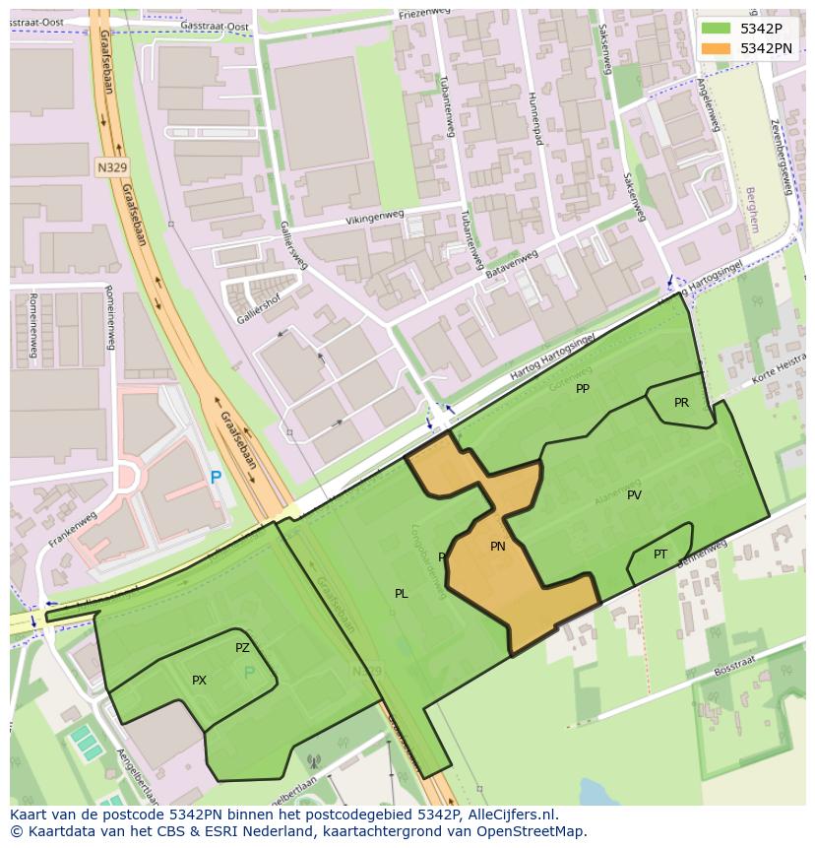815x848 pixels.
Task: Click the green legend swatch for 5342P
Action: point(716,29)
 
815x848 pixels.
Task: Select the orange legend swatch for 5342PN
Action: point(716,48)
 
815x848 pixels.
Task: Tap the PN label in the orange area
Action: point(498,547)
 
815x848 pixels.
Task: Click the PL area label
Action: point(402,594)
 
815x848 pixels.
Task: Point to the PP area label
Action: point(583,389)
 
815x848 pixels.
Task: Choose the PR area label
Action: point(681,403)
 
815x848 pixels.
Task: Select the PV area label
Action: point(634,495)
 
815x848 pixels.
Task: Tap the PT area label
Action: point(660,554)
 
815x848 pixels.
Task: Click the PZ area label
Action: point(242,648)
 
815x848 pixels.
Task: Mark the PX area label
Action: point(199,681)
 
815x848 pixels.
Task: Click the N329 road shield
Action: point(112,167)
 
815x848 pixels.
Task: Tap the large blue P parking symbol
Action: point(216,479)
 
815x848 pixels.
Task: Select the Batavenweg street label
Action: point(512,264)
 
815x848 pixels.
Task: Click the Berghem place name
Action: point(752,209)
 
